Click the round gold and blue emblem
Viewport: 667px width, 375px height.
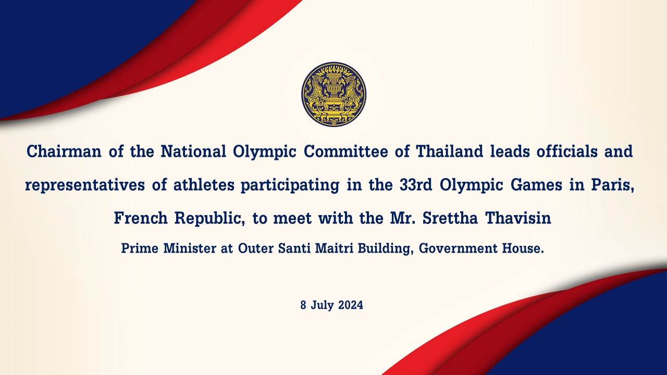click(x=333, y=95)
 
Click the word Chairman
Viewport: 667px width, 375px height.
click(x=64, y=151)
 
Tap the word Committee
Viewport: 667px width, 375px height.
click(x=345, y=151)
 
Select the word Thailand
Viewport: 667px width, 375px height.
click(x=449, y=151)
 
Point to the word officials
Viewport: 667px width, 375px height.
click(x=567, y=151)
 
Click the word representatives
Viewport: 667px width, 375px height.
click(x=85, y=185)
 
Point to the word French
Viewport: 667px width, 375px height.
click(x=141, y=218)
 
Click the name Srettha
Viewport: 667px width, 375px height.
click(x=450, y=218)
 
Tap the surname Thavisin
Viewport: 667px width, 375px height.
click(x=518, y=218)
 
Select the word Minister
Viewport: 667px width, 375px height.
click(x=190, y=248)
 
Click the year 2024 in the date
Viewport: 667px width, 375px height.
click(x=351, y=305)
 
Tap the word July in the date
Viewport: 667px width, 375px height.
click(x=323, y=306)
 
